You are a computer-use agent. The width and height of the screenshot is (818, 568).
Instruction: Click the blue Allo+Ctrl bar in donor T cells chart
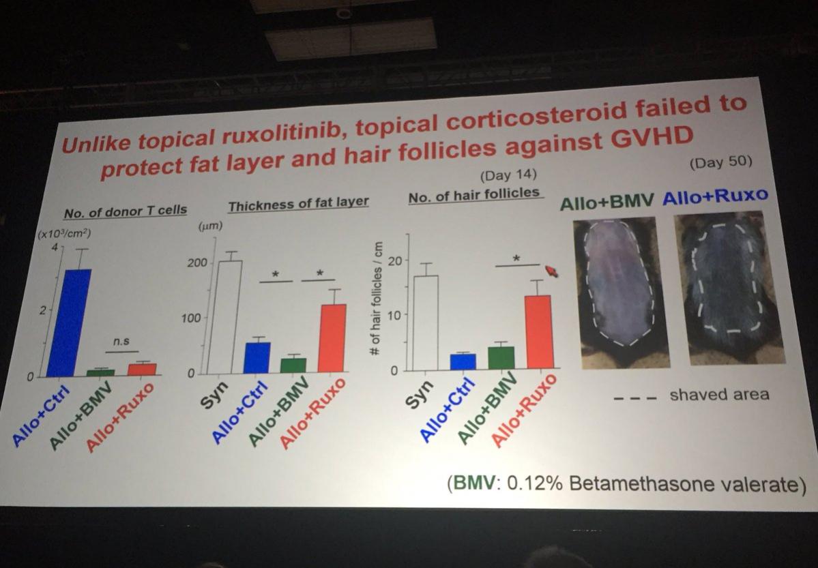pos(68,322)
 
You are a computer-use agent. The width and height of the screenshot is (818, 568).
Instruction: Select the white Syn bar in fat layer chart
pos(224,317)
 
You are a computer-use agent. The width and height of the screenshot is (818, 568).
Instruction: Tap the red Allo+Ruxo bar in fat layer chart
pos(332,338)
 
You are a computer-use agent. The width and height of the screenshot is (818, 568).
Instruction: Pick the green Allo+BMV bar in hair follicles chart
pos(501,359)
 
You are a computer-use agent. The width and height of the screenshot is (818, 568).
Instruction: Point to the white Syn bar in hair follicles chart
pos(426,323)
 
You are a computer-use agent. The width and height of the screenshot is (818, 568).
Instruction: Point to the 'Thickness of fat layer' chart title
pos(299,203)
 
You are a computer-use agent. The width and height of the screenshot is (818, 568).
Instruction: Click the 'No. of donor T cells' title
pos(125,211)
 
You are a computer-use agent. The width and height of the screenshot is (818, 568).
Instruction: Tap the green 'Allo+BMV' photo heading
pos(607,200)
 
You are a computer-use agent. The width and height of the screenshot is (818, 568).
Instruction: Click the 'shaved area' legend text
pos(719,394)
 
